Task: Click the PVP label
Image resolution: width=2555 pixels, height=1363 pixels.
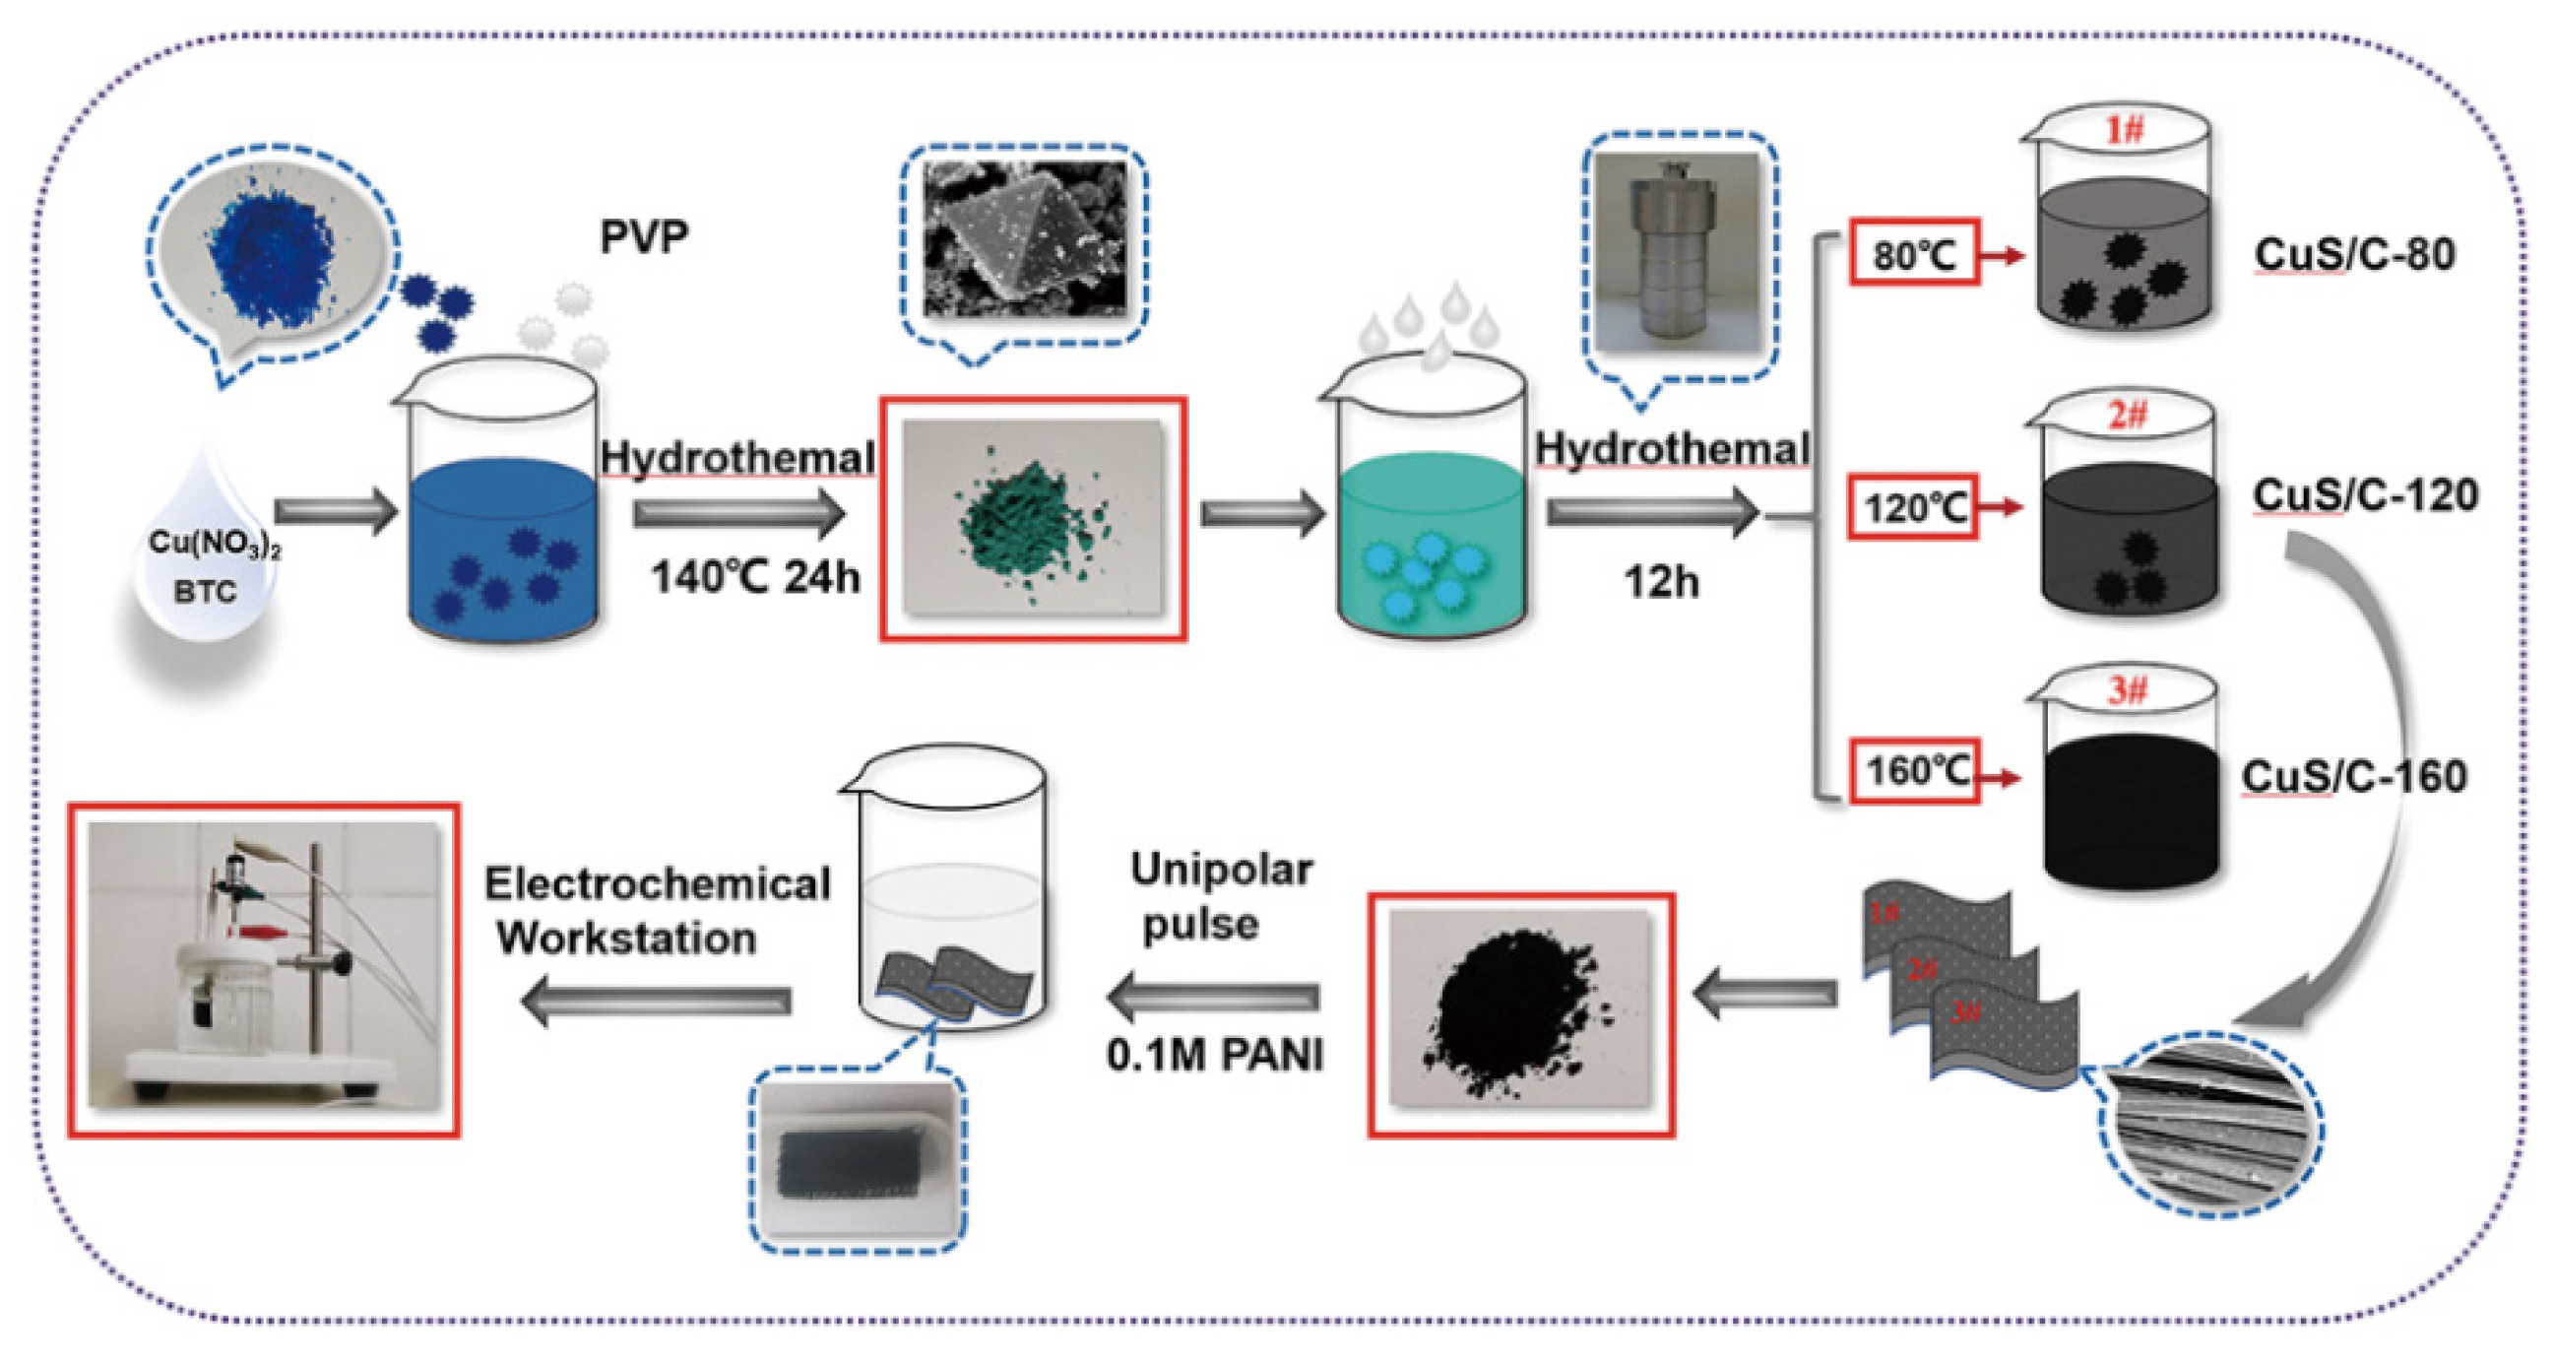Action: [x=644, y=237]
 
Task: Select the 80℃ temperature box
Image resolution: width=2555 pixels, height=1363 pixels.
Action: [x=1914, y=255]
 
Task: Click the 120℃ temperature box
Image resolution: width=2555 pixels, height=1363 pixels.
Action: [x=1911, y=508]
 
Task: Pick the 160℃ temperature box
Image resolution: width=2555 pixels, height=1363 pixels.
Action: [x=1913, y=771]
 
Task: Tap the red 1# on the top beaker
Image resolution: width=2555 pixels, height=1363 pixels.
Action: [x=2123, y=130]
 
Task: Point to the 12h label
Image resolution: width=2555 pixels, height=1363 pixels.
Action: [x=1660, y=582]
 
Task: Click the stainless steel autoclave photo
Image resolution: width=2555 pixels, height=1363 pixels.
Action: [x=1678, y=255]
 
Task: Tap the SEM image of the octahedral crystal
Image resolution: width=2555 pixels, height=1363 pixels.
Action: [x=1024, y=238]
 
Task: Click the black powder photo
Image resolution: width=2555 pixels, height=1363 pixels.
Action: [x=1520, y=1012]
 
